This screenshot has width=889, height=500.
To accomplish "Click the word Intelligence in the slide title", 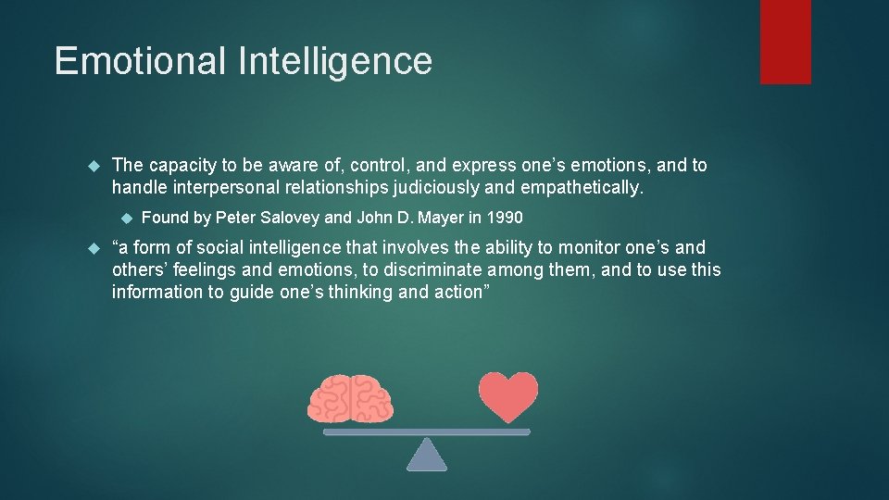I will (x=335, y=61).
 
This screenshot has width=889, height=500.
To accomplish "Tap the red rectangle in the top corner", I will (x=785, y=42).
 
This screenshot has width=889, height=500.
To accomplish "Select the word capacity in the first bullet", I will (x=181, y=166).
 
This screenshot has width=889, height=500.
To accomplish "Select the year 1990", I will (x=504, y=219).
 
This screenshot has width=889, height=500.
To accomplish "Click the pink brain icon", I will (x=350, y=399).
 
